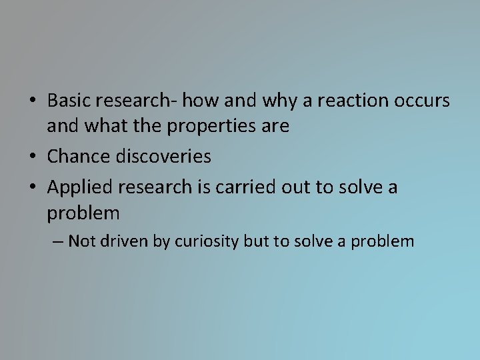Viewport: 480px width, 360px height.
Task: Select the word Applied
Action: click(x=77, y=187)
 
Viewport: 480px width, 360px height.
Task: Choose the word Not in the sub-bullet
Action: click(x=82, y=241)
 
